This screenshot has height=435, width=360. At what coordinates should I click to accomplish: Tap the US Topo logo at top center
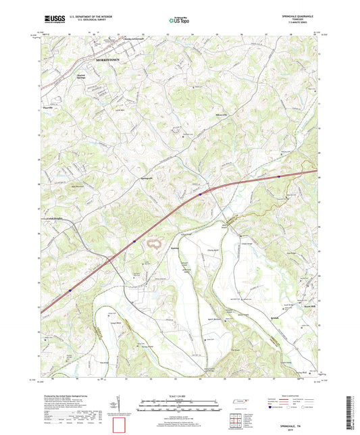(x=179, y=21)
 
